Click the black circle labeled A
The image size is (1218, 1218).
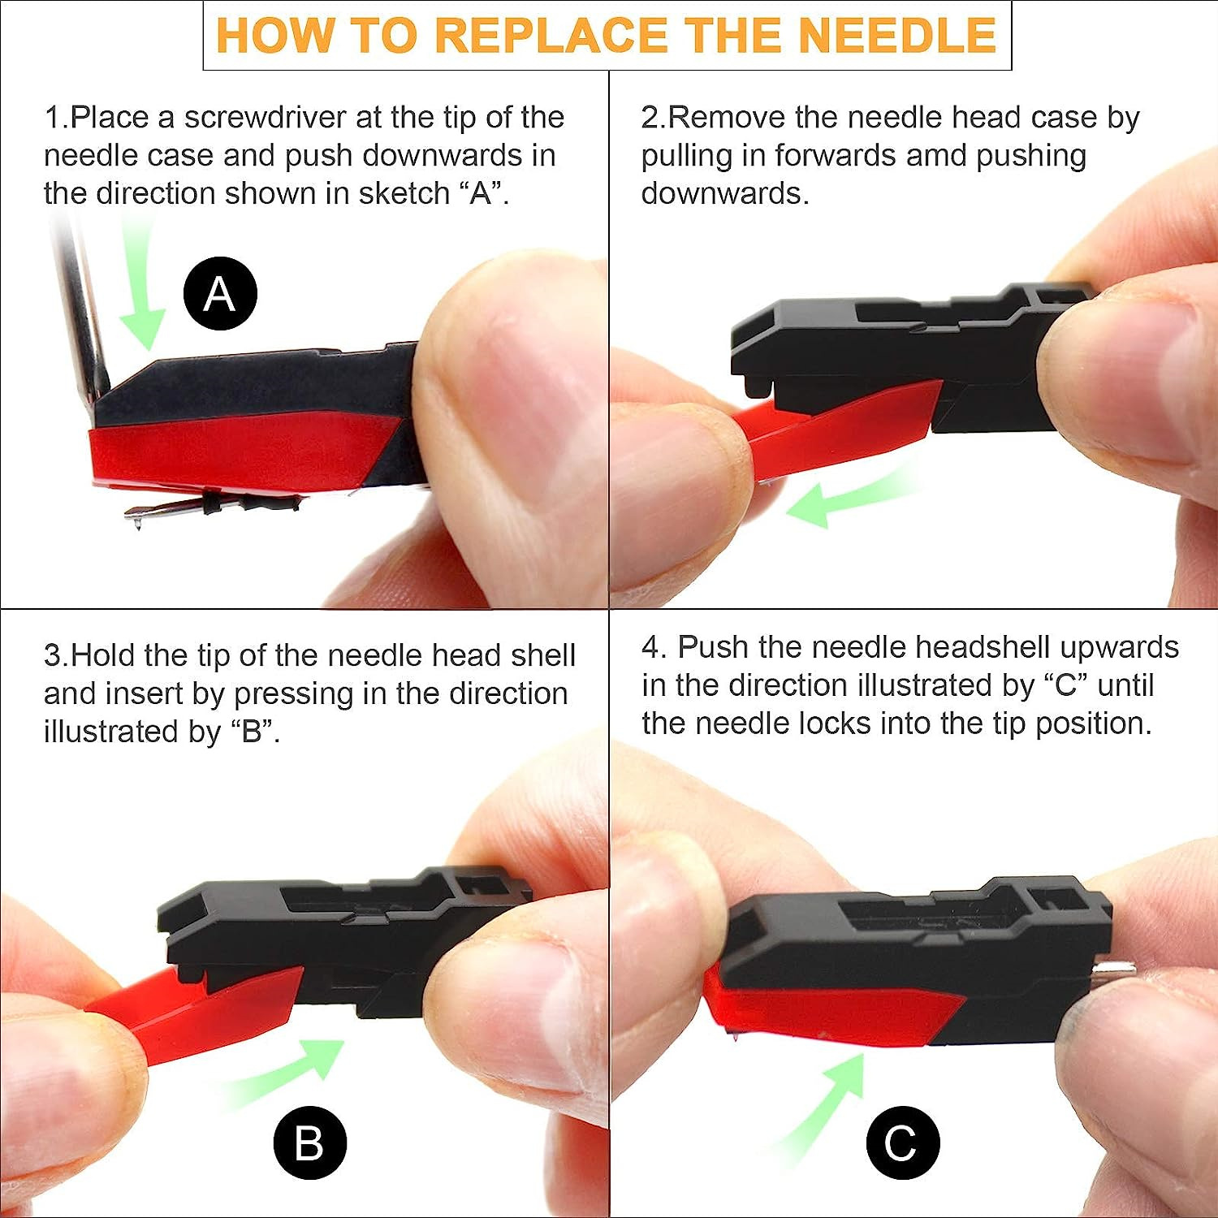point(220,293)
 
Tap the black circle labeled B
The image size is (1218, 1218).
point(309,1142)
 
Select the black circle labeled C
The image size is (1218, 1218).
point(902,1142)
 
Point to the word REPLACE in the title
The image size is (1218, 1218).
point(553,35)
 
